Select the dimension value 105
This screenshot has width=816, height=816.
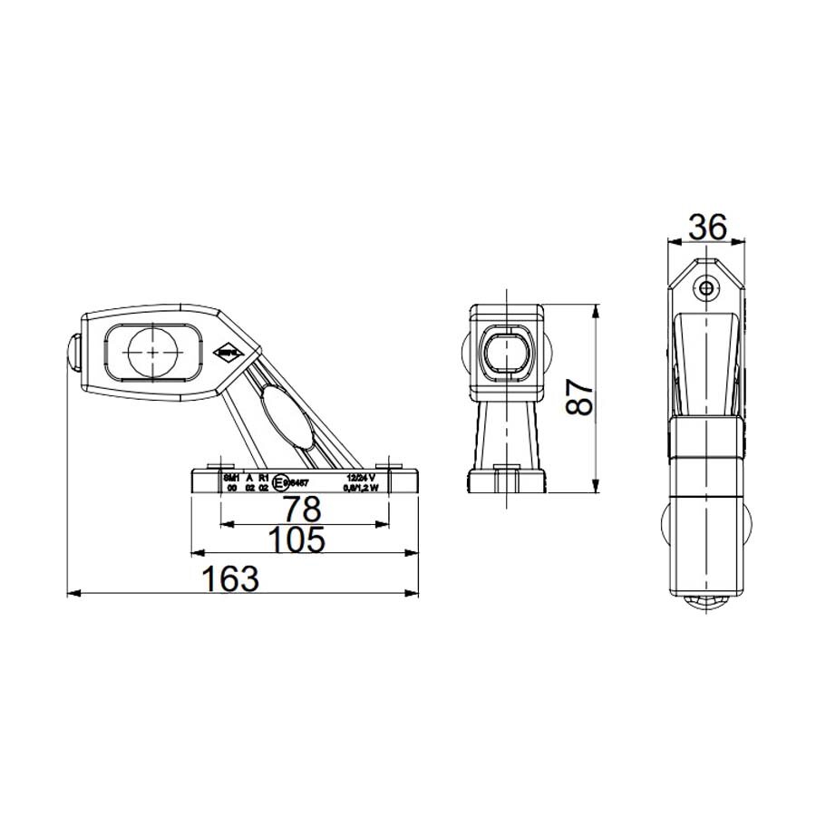[297, 539]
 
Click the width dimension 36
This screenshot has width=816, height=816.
[706, 227]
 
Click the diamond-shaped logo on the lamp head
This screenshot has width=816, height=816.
[228, 352]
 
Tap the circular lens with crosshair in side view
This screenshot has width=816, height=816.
[153, 352]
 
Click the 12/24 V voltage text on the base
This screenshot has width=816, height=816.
[360, 476]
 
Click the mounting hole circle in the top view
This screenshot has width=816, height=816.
[706, 288]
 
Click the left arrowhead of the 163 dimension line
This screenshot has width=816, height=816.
[73, 594]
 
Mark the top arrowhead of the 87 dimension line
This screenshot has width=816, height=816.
[595, 309]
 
